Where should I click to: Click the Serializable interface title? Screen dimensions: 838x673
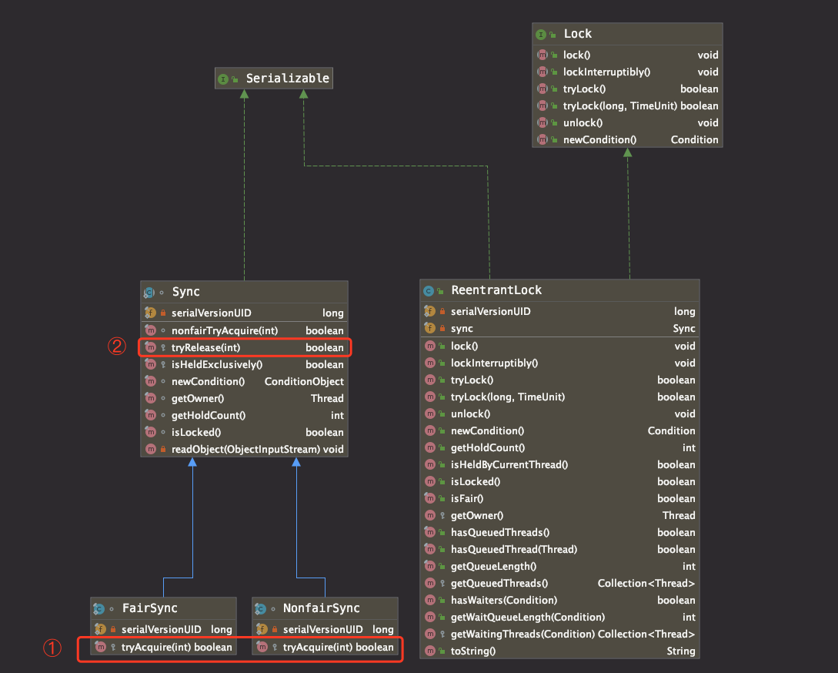click(288, 78)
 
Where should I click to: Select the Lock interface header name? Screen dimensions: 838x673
click(578, 34)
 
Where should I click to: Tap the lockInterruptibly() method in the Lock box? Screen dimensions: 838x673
click(606, 72)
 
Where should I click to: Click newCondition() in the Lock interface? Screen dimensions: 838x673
click(599, 139)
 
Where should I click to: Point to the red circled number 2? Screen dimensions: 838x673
click(117, 347)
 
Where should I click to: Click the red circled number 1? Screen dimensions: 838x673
click(52, 648)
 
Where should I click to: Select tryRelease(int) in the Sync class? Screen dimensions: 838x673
click(205, 348)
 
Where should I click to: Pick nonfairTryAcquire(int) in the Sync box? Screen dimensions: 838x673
click(225, 330)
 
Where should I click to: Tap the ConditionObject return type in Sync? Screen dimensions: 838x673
click(304, 381)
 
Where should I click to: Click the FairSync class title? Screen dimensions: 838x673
click(149, 608)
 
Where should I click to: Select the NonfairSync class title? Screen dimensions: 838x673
click(321, 608)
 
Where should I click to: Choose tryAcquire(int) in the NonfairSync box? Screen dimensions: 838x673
click(318, 648)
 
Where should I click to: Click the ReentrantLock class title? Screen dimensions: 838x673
click(496, 290)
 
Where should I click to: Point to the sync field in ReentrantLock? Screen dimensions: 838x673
click(462, 329)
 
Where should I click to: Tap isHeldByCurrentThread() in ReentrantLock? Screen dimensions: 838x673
click(509, 465)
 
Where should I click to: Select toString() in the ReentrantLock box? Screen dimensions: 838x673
click(473, 651)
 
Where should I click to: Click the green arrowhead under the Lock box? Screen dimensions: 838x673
click(627, 152)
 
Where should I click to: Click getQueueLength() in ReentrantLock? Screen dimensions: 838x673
click(493, 567)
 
